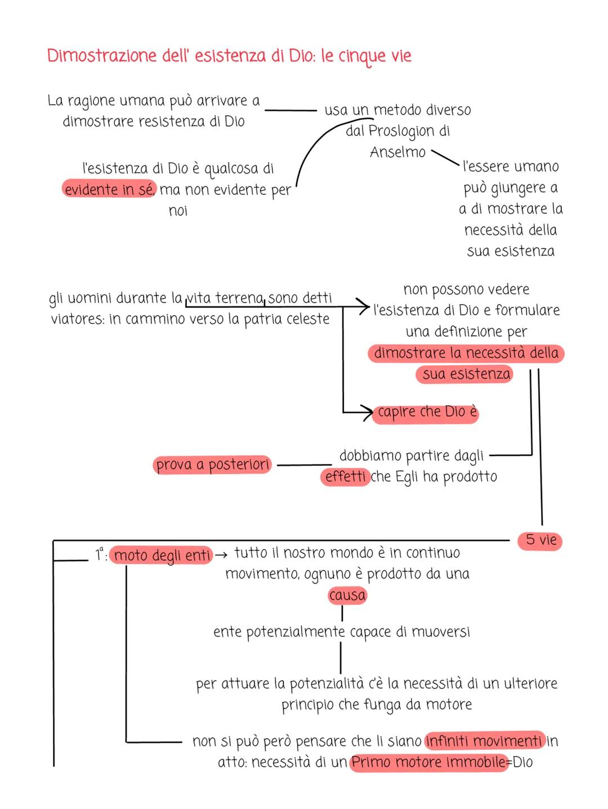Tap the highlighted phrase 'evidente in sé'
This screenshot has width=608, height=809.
(x=109, y=189)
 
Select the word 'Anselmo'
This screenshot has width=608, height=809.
(x=397, y=152)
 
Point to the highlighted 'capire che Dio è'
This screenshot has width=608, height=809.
(x=427, y=412)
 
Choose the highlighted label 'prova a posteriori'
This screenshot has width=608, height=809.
(x=212, y=465)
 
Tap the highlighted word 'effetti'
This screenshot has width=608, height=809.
(x=346, y=477)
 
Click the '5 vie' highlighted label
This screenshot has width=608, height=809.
(x=540, y=540)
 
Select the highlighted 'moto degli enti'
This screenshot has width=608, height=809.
(x=162, y=555)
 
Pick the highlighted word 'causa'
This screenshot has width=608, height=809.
(x=347, y=595)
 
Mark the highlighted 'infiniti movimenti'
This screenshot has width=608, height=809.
(x=485, y=741)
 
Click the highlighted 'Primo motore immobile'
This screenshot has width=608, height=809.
(x=428, y=762)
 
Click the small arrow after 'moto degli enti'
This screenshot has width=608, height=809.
(x=221, y=555)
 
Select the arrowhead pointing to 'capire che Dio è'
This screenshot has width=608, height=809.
(x=367, y=413)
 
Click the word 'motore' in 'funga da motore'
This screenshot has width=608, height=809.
(x=448, y=704)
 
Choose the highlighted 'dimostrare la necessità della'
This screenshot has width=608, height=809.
(x=466, y=353)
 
